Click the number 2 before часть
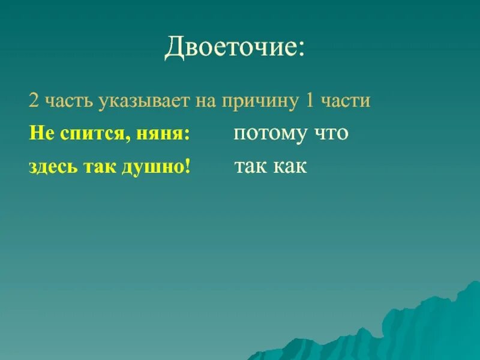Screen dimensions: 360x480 pos(32,101)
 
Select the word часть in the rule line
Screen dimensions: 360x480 pos(63,101)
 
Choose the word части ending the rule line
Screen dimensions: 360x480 pos(346,101)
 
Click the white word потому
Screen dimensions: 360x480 pos(270,134)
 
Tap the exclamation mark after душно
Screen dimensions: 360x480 pos(187,167)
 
